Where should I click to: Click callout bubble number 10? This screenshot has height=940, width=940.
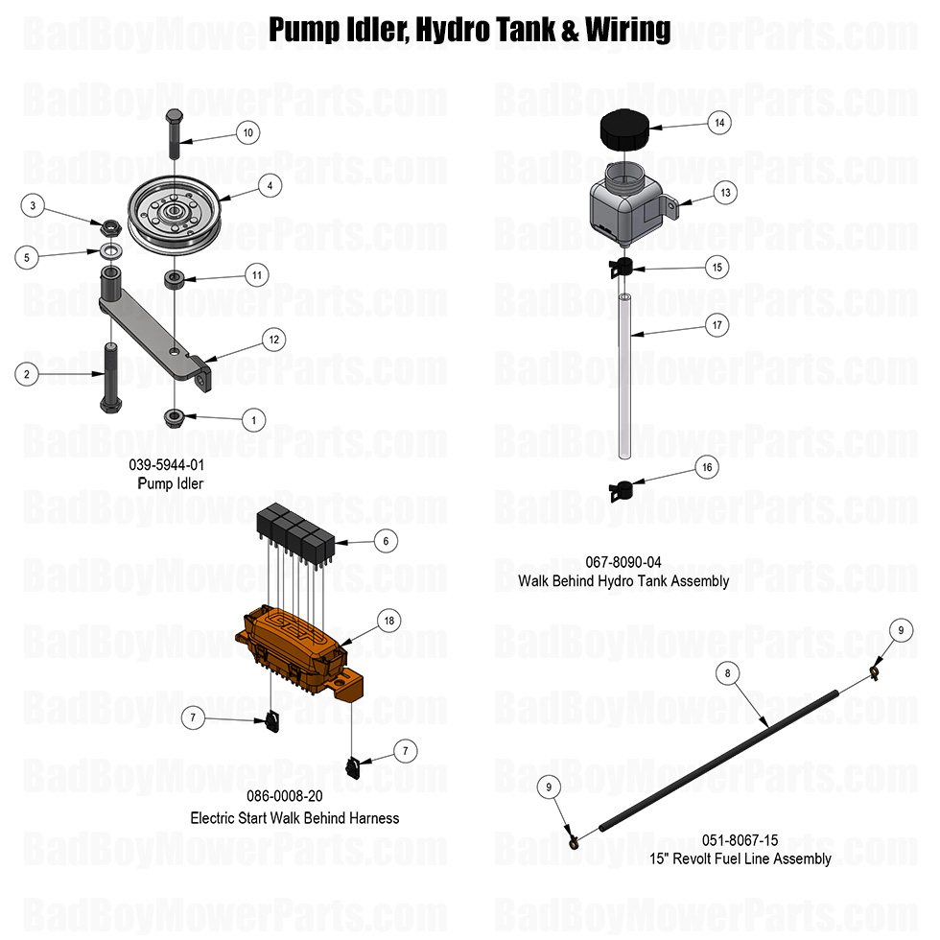point(247,132)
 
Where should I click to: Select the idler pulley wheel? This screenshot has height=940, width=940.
point(175,215)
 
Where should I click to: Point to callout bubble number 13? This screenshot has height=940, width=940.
point(725,193)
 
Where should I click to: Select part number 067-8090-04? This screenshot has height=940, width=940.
point(623,562)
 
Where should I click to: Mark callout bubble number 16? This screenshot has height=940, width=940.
point(707,467)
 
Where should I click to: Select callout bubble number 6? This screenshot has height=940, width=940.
point(385,541)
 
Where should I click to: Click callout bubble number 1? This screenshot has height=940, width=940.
point(253,419)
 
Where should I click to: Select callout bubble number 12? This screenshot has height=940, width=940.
point(273,339)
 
